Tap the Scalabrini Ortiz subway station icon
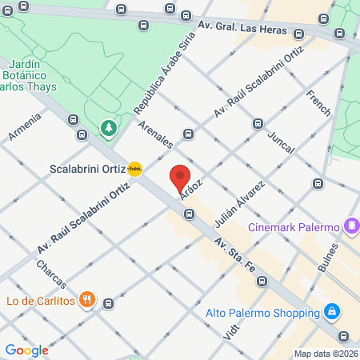[x=135, y=170]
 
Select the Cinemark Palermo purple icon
[x=350, y=226]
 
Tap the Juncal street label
[x=282, y=142]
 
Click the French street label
[x=318, y=104]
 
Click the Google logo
[x=26, y=350]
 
